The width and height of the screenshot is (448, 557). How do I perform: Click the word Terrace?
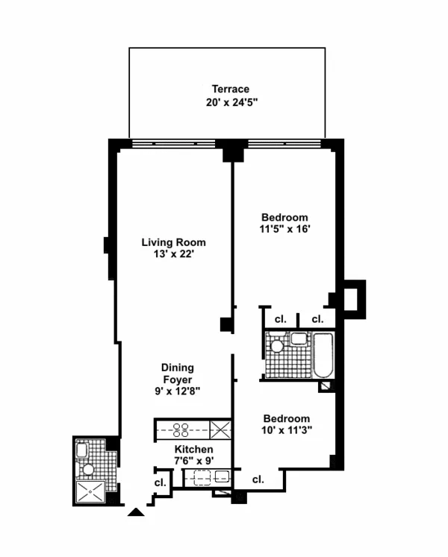[229, 89]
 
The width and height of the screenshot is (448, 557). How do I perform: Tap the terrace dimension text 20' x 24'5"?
[229, 103]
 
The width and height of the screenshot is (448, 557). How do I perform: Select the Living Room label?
[174, 242]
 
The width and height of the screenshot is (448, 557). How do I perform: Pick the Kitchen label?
[193, 450]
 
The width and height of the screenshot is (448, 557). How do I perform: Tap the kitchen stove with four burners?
[183, 429]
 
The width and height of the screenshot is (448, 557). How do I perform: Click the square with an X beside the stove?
[220, 429]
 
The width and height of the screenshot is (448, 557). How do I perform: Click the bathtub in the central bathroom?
[324, 356]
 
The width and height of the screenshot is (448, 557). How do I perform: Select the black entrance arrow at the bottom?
[135, 512]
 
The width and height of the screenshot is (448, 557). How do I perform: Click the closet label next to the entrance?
[159, 482]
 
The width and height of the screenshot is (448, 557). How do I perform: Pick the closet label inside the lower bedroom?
[258, 479]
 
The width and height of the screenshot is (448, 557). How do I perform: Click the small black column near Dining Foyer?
[226, 324]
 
